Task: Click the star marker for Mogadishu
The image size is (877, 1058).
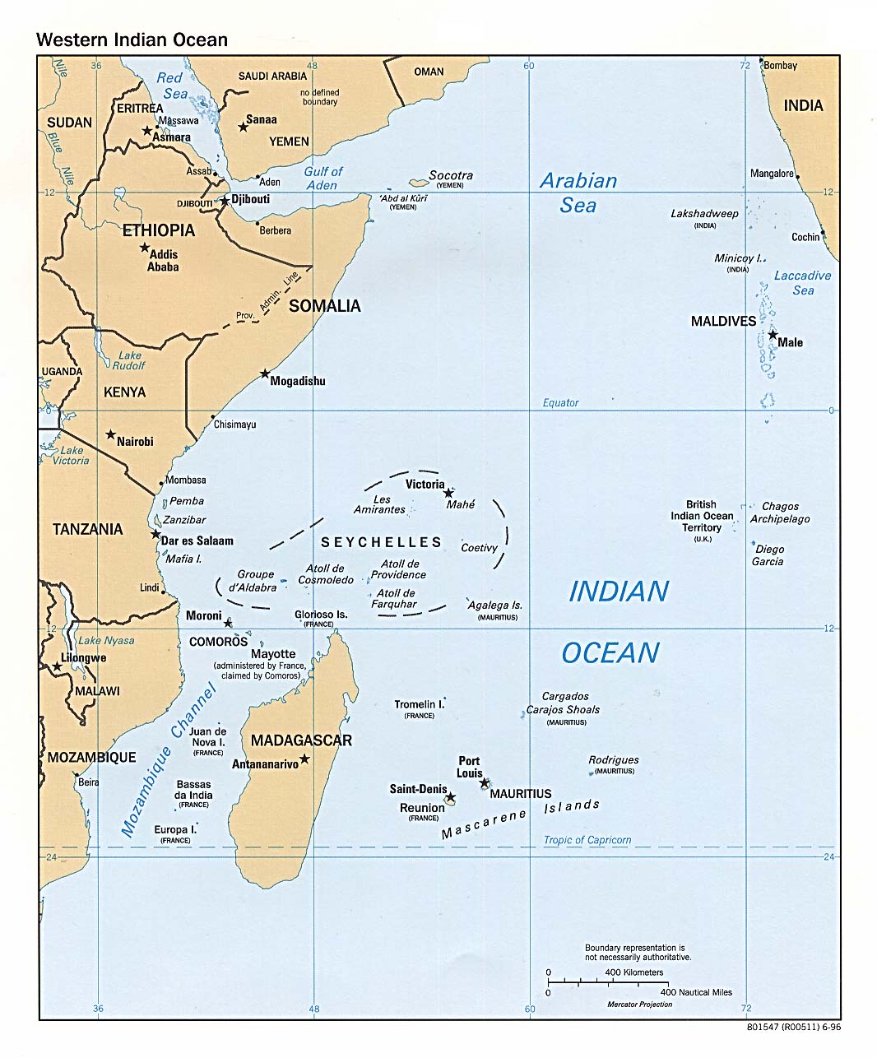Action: (x=265, y=374)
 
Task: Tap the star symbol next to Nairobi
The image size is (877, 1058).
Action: (x=110, y=434)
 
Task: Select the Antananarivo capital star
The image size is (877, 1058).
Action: (x=304, y=759)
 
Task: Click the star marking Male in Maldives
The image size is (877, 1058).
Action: (x=772, y=334)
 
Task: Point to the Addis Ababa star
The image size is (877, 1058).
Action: (x=145, y=248)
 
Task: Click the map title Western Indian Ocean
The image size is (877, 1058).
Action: (x=132, y=39)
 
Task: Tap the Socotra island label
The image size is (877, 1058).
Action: (x=451, y=175)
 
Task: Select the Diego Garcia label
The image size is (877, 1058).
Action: (x=768, y=555)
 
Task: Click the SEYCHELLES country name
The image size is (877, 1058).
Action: (x=381, y=542)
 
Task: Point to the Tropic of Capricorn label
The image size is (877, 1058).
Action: (x=587, y=840)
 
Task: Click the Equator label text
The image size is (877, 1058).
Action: (x=560, y=402)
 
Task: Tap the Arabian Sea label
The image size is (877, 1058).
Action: (x=578, y=193)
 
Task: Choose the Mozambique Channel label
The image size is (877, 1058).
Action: (x=169, y=761)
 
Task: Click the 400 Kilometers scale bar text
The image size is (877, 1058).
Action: (x=633, y=972)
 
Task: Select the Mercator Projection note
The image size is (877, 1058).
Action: (x=639, y=1005)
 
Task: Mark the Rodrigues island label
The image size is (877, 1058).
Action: (x=614, y=760)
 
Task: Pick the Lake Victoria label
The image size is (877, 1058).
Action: (x=71, y=455)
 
